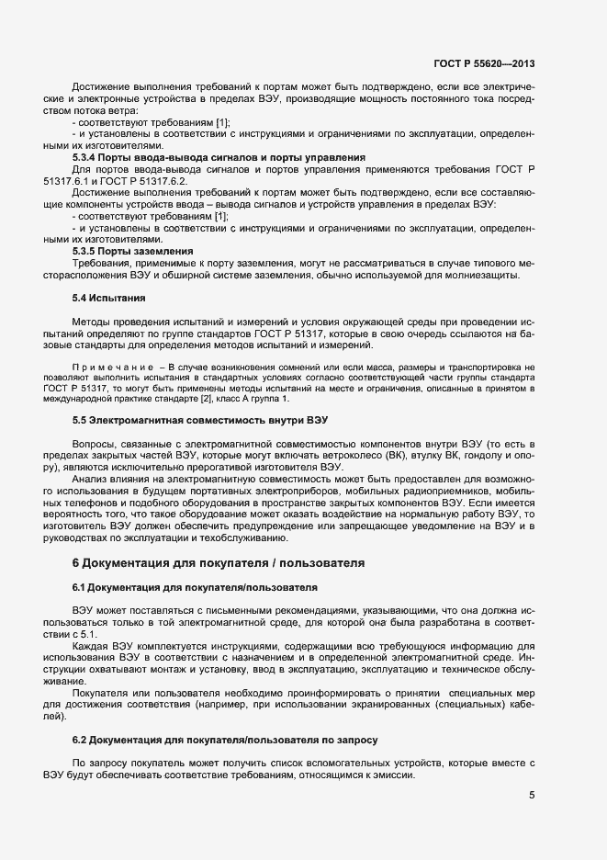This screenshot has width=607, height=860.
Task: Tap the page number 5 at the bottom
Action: click(x=533, y=794)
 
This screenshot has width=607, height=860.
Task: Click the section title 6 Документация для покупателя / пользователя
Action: click(x=219, y=560)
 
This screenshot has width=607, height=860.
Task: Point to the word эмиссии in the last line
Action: click(x=394, y=775)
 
